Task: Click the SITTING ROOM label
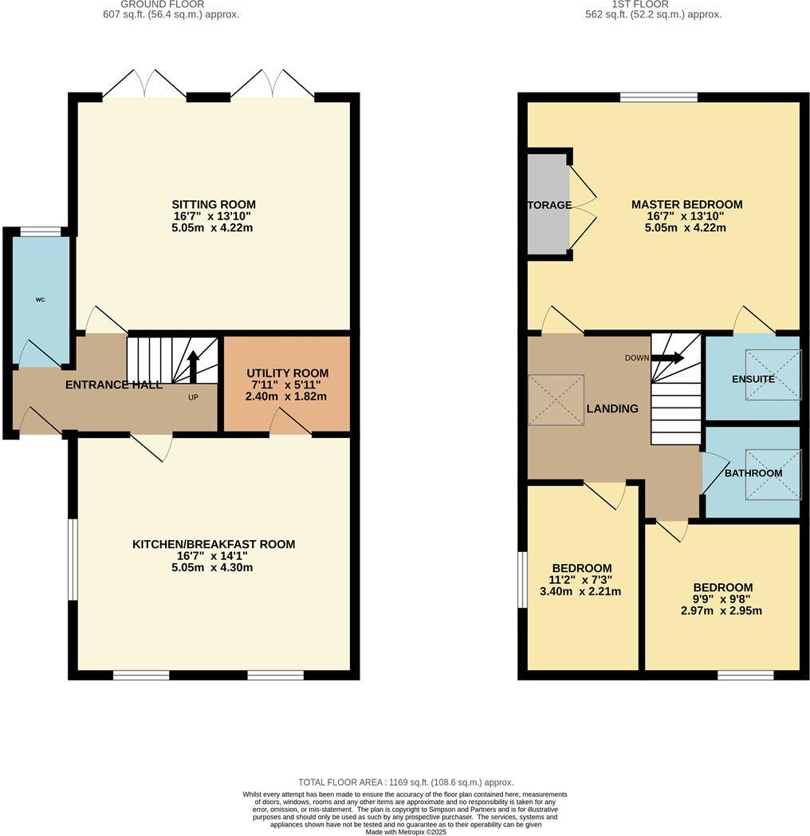tap(213, 204)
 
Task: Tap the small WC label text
tap(40, 300)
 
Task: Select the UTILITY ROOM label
tap(287, 373)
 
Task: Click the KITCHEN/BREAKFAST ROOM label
tap(214, 544)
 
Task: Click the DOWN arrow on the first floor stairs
tap(667, 357)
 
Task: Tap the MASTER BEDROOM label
tap(686, 204)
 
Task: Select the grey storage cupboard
tap(547, 204)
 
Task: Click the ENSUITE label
tap(753, 379)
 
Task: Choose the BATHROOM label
tap(753, 473)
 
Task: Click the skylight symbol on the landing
tap(556, 398)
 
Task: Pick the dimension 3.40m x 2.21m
tap(583, 592)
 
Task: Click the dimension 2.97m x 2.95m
tap(722, 611)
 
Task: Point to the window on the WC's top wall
tap(40, 231)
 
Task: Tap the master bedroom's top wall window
tap(659, 97)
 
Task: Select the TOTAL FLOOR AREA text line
tap(405, 783)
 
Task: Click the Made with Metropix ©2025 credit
tap(405, 831)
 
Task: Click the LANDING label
tap(612, 408)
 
